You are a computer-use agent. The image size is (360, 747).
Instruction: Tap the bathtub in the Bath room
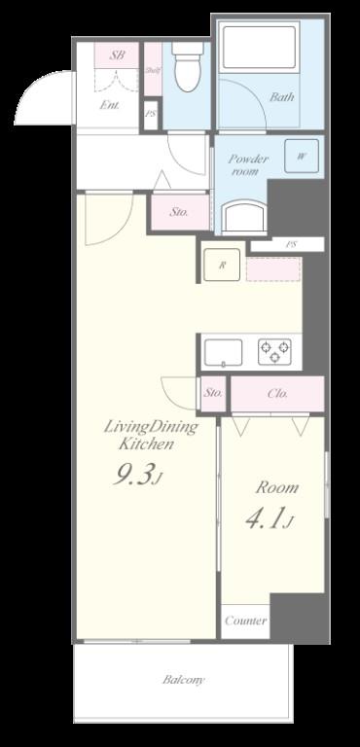click(x=258, y=48)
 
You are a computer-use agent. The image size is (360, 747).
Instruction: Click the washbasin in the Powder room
click(x=243, y=215)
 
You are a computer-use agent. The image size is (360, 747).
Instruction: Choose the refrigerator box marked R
click(x=222, y=265)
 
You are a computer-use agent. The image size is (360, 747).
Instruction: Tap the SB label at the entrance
click(x=118, y=55)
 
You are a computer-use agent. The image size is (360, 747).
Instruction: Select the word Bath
click(x=282, y=97)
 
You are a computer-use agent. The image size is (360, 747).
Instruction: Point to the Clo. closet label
click(x=276, y=393)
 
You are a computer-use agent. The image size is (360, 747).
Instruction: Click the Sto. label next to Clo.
click(x=213, y=393)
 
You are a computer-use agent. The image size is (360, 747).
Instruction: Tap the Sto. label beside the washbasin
click(x=179, y=211)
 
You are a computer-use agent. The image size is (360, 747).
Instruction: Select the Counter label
click(x=245, y=621)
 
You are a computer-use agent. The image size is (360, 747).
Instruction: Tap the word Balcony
click(x=183, y=680)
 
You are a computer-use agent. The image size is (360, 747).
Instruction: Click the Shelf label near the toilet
click(x=153, y=71)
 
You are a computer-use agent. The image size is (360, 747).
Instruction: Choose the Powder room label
click(x=248, y=164)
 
